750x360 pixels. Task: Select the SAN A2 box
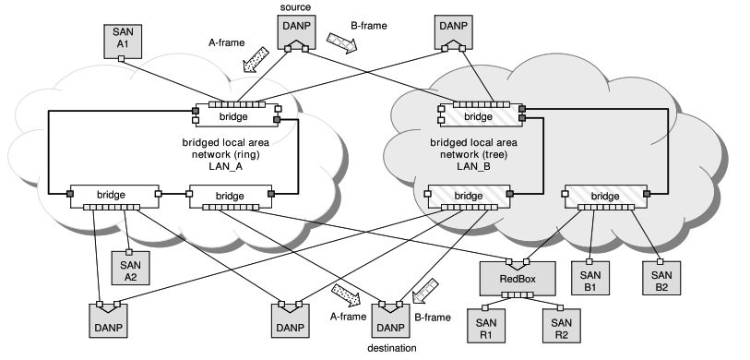coord(130,267)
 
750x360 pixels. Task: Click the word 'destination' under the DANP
coord(391,348)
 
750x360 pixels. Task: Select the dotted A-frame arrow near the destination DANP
coord(346,292)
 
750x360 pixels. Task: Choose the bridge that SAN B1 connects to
coord(605,197)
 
